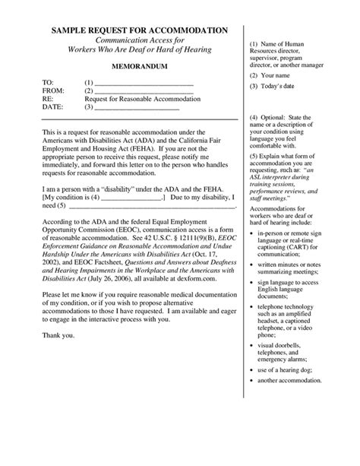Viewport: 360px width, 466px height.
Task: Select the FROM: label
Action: click(52, 90)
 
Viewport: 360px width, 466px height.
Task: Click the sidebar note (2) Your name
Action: click(268, 77)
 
